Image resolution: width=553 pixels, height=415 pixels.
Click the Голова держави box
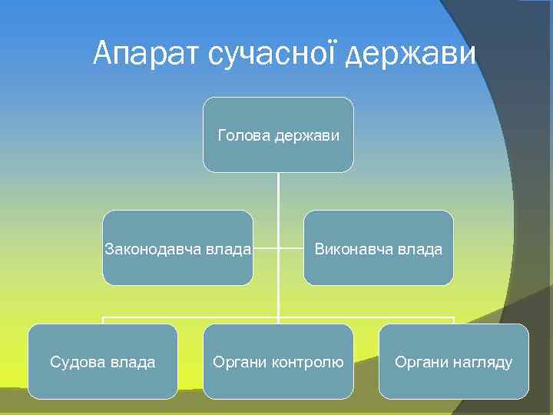(x=278, y=134)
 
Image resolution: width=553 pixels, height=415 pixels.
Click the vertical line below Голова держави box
(x=278, y=192)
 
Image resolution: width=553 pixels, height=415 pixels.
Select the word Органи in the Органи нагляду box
(x=419, y=362)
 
